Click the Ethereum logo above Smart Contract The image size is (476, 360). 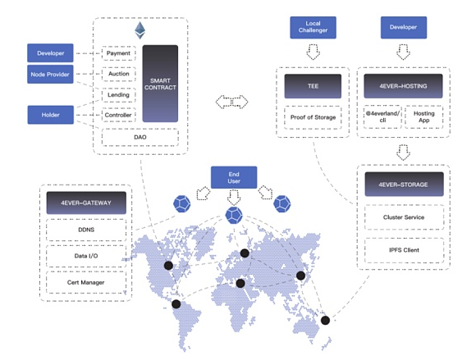coord(140,30)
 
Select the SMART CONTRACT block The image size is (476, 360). coord(160,84)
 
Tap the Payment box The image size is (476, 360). coord(118,53)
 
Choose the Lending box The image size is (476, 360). coord(118,95)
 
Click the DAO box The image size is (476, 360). coord(140,137)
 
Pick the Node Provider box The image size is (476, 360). coord(50,75)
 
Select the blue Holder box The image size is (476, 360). coord(50,115)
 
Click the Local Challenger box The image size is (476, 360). coord(313,27)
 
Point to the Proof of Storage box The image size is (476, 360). coord(313,117)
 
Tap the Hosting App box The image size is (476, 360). coord(423,116)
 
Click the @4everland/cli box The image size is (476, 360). coord(382,116)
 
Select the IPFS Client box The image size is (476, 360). coord(404,250)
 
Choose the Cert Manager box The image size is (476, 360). coord(86,282)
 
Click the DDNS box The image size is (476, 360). coord(86,230)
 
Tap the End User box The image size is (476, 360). coord(234,177)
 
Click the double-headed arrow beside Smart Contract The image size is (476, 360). coord(231,102)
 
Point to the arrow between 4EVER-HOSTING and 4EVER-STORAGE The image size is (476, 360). coord(404,153)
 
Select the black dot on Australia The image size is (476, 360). coord(325,321)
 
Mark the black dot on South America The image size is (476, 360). coord(176,304)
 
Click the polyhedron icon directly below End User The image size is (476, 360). coord(234,216)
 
